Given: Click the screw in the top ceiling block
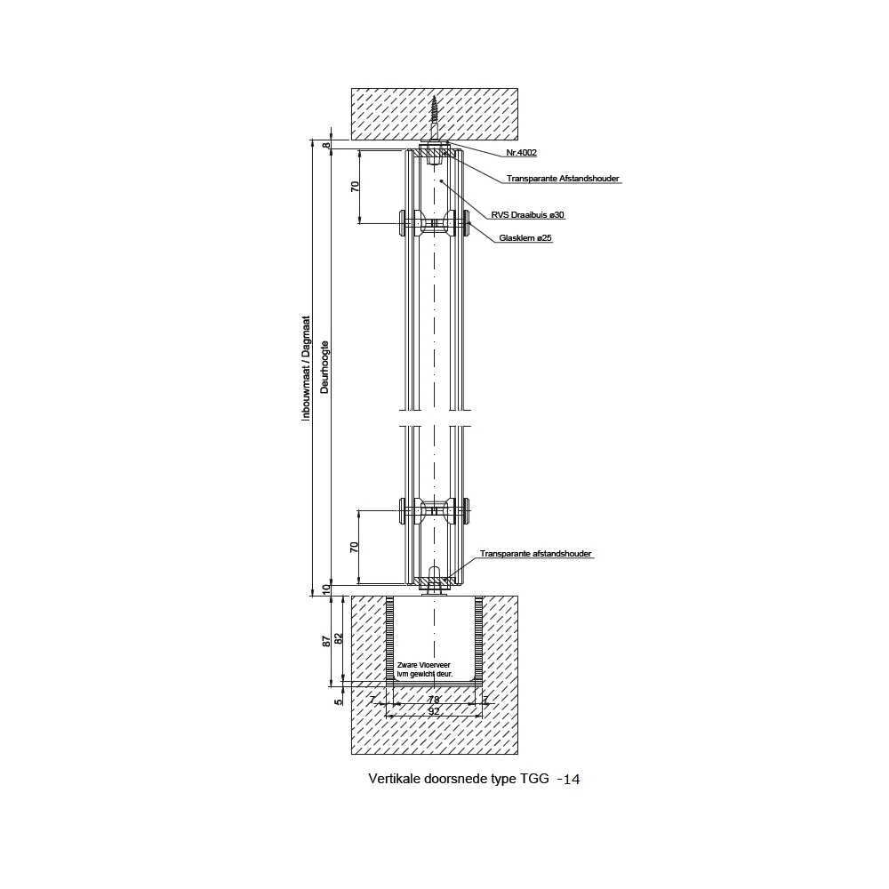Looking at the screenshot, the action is coord(435,118).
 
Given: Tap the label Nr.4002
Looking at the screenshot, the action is coord(521,153).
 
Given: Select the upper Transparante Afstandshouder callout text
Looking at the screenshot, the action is coord(563,179).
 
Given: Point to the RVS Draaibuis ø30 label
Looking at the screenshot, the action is coord(527,215).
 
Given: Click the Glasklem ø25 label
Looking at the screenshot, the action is coord(525,238).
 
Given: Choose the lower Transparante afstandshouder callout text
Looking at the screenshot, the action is coord(535,553).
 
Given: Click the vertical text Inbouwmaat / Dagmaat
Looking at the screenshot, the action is coord(306,368).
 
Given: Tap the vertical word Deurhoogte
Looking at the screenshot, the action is coord(324,367).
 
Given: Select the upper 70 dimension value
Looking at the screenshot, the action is coord(355,186).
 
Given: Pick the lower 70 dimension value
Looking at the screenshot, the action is coord(355,547).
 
